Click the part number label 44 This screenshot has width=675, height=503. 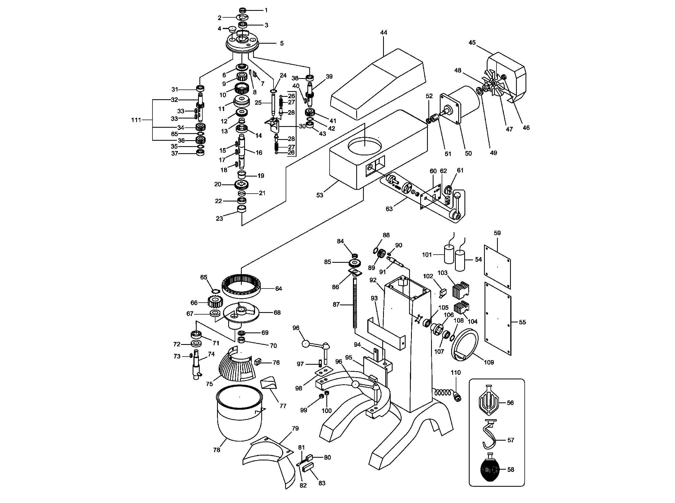click(384, 33)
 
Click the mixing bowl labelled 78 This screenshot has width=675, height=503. click(239, 413)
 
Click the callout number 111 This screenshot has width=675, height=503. click(136, 120)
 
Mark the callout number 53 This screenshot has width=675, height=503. click(319, 195)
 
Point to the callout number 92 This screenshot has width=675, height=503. click(373, 280)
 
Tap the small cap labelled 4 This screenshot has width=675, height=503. click(233, 30)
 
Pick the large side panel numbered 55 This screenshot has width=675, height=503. click(497, 319)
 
